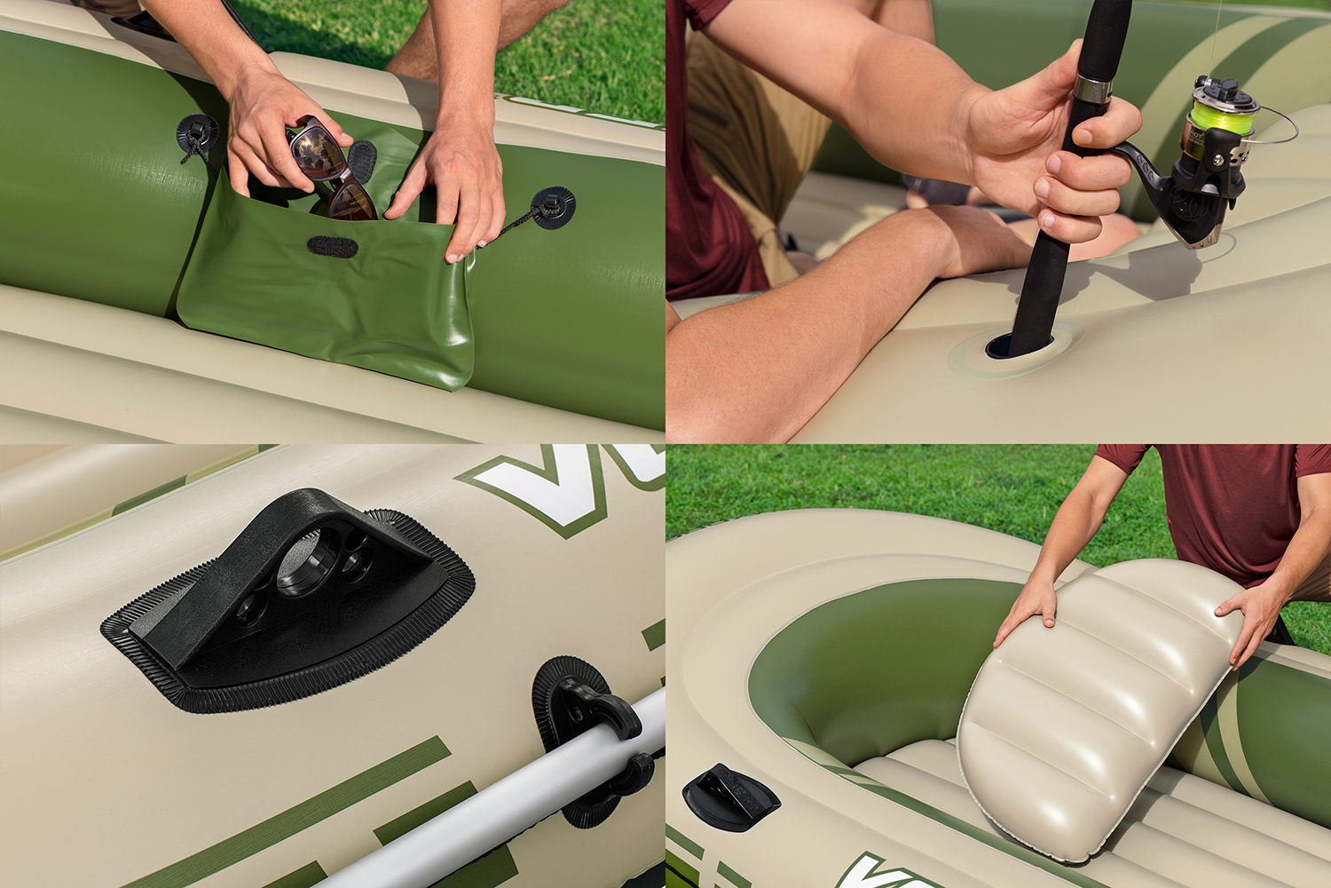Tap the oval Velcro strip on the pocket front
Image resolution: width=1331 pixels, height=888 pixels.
(332, 247)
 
